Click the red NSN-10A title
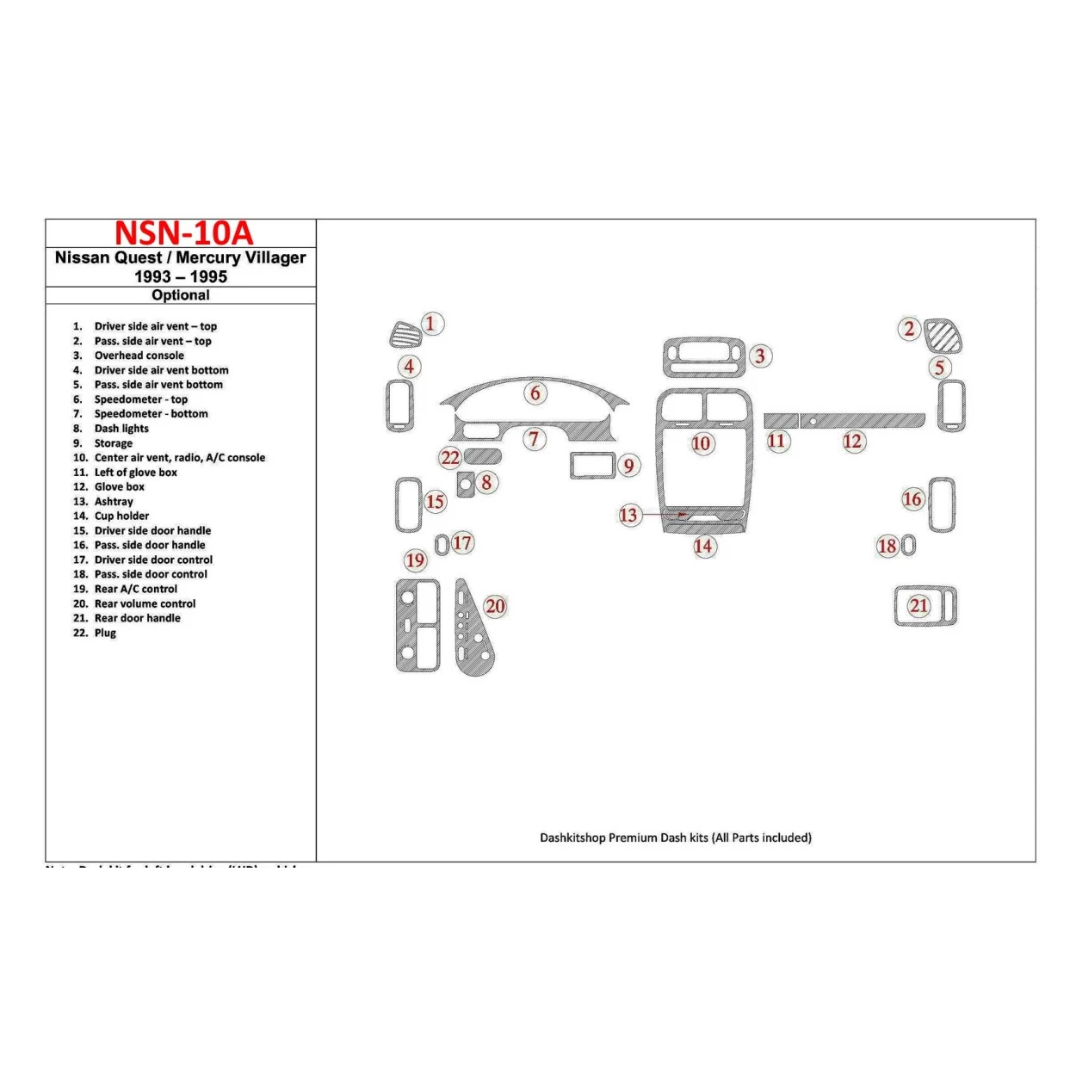pyautogui.click(x=183, y=233)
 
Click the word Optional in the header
pyautogui.click(x=180, y=295)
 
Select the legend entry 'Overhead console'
pyautogui.click(x=139, y=356)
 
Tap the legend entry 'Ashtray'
pyautogui.click(x=114, y=501)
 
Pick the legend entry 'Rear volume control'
pyautogui.click(x=145, y=603)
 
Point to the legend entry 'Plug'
pyautogui.click(x=105, y=633)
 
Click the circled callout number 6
pyautogui.click(x=535, y=393)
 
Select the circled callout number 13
pyautogui.click(x=629, y=515)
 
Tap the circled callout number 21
pyautogui.click(x=918, y=605)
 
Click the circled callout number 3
pyautogui.click(x=759, y=356)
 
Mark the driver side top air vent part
pyautogui.click(x=405, y=335)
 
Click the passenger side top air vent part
pyautogui.click(x=943, y=336)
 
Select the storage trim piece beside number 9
pyautogui.click(x=591, y=465)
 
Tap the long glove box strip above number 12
pyautogui.click(x=863, y=420)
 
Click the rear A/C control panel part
pyautogui.click(x=417, y=625)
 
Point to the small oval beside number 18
pyautogui.click(x=909, y=545)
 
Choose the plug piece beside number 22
pyautogui.click(x=483, y=456)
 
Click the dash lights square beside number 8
pyautogui.click(x=466, y=485)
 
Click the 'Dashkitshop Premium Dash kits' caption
pyautogui.click(x=675, y=838)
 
